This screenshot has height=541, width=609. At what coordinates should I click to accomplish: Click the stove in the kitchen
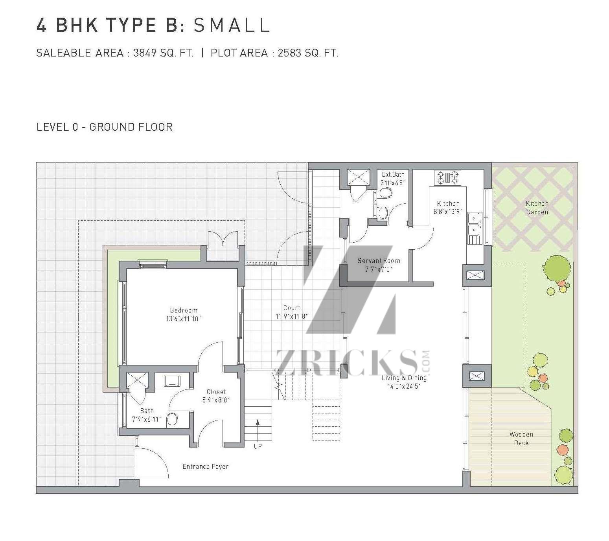click(x=447, y=177)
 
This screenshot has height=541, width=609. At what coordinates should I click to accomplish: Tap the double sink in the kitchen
click(x=474, y=224)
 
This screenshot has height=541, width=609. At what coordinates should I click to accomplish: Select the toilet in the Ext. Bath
click(x=385, y=193)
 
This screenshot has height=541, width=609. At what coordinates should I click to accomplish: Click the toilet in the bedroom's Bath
click(x=173, y=420)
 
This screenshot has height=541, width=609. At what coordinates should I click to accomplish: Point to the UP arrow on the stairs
click(x=258, y=430)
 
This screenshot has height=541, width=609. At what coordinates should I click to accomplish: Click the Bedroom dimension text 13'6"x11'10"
click(x=183, y=319)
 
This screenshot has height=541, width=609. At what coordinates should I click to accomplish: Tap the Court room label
click(x=292, y=308)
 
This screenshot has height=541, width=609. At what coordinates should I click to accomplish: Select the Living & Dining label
click(x=404, y=378)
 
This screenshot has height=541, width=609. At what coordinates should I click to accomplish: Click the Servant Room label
click(x=379, y=261)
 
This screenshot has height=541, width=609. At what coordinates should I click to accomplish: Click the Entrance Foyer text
click(x=206, y=466)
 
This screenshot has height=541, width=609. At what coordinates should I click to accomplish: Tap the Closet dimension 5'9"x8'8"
click(x=216, y=400)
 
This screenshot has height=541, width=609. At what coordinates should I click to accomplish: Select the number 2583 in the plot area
click(x=290, y=53)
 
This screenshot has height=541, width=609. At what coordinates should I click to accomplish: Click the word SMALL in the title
click(x=232, y=25)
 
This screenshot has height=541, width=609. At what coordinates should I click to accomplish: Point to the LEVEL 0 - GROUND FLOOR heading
click(x=105, y=127)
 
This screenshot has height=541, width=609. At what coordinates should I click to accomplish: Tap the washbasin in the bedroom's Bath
click(x=172, y=381)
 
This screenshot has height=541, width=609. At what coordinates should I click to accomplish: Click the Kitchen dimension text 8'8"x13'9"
click(x=448, y=211)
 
